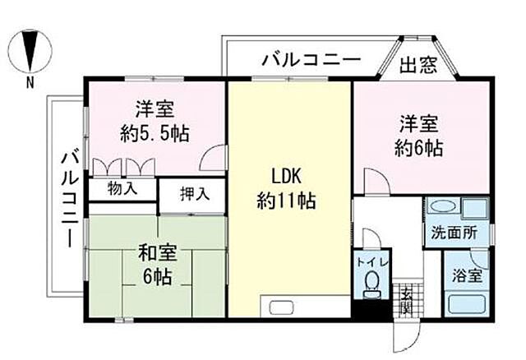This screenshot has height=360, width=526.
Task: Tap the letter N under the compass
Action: [x=30, y=81]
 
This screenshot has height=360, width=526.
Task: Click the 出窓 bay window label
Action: [x=418, y=65]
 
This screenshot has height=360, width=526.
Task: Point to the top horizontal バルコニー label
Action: [x=311, y=60]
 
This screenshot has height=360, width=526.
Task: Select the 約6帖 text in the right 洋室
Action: [x=418, y=149]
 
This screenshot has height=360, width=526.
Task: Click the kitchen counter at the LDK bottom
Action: [x=304, y=307]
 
